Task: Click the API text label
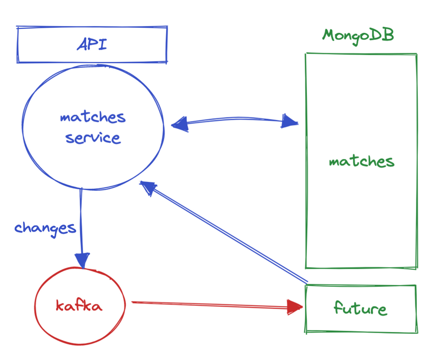click(x=91, y=45)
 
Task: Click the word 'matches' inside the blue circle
click(x=93, y=117)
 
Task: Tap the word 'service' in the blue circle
click(x=92, y=138)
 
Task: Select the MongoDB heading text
click(x=358, y=35)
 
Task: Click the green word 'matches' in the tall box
click(x=362, y=162)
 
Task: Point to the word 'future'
click(x=360, y=309)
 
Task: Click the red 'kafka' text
click(x=79, y=306)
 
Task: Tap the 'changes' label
click(x=45, y=228)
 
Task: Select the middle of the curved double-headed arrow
click(x=234, y=117)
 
